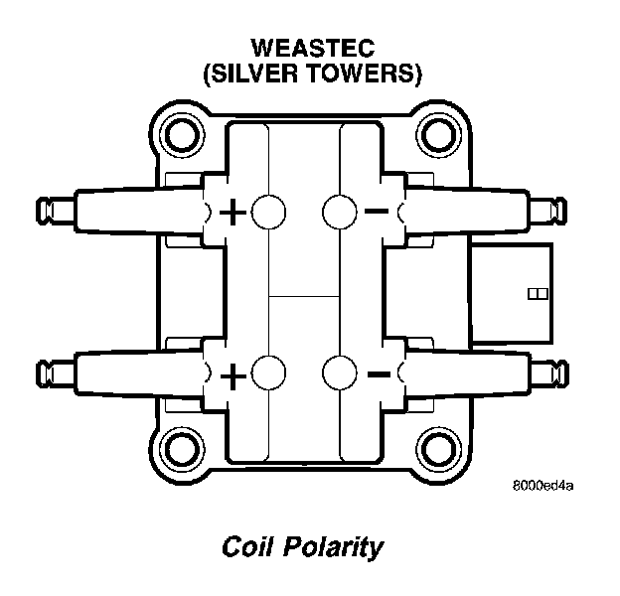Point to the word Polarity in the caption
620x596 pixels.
[x=335, y=548]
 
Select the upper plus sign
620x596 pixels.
[x=233, y=212]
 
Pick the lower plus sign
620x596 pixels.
[x=233, y=375]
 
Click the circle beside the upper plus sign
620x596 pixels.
[x=267, y=211]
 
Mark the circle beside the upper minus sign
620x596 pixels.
[x=341, y=211]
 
